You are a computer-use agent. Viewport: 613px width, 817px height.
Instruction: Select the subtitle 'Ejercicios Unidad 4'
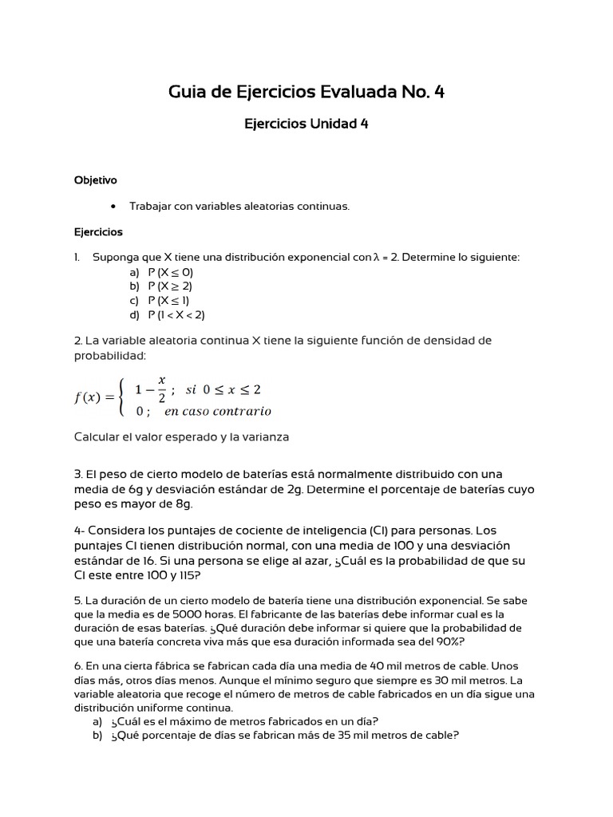tap(306, 124)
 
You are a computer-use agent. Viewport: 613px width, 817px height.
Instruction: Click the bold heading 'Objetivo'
tap(95, 180)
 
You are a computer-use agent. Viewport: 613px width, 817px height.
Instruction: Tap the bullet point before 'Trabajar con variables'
tap(113, 207)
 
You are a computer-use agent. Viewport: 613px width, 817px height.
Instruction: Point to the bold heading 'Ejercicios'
tap(98, 232)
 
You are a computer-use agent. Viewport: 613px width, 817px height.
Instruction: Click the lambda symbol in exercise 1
tap(376, 258)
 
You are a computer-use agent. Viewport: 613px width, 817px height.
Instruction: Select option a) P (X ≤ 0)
tap(170, 272)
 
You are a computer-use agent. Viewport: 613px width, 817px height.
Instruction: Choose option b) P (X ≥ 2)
tap(170, 286)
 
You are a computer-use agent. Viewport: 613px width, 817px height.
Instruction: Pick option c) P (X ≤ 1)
tap(168, 301)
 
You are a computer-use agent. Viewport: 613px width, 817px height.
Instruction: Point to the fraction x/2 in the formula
tap(161, 389)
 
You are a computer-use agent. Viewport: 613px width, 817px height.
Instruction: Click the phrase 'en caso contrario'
tap(217, 412)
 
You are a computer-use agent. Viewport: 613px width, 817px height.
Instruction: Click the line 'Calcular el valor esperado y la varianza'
tap(181, 437)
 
